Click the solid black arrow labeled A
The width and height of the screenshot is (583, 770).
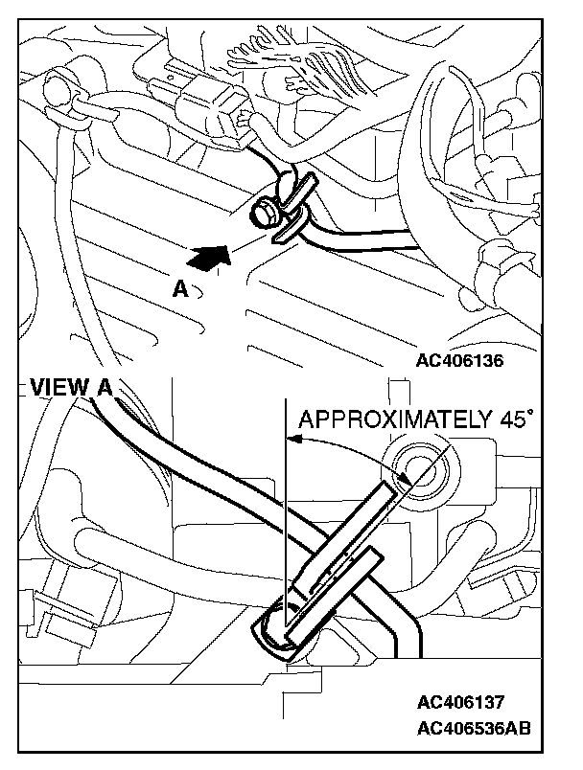pos(212,256)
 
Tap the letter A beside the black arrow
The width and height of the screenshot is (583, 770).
pos(180,288)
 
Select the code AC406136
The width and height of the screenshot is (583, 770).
pos(459,361)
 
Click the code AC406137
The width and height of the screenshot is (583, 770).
pos(459,701)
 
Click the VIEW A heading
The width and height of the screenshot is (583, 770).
pos(68,387)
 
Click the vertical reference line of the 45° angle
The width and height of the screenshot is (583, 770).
pos(287,508)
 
